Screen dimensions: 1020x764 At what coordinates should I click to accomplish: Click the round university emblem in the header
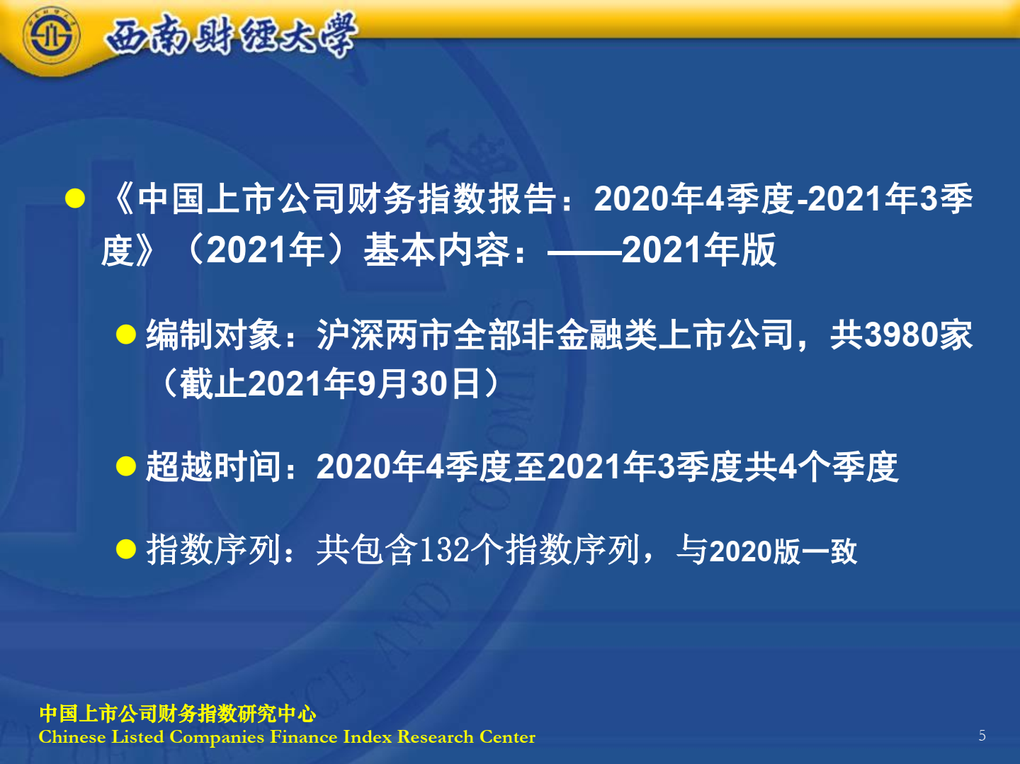pyautogui.click(x=51, y=35)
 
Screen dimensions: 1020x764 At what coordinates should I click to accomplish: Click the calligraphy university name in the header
pyautogui.click(x=231, y=35)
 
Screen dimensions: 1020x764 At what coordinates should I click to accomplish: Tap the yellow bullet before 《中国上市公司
pyautogui.click(x=75, y=198)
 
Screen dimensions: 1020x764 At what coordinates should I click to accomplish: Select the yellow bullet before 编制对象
pyautogui.click(x=125, y=335)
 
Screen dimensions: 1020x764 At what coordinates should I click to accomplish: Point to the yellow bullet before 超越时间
pyautogui.click(x=125, y=466)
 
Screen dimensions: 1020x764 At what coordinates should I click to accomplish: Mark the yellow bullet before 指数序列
pyautogui.click(x=125, y=549)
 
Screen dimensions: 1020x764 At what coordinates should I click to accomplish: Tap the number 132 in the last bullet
pyautogui.click(x=444, y=550)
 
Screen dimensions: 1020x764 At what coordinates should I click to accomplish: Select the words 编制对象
pyautogui.click(x=213, y=335)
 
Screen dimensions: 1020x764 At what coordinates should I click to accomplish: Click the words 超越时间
pyautogui.click(x=213, y=466)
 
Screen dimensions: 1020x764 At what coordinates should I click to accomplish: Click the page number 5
pyautogui.click(x=982, y=736)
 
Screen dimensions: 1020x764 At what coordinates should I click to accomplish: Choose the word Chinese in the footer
pyautogui.click(x=72, y=737)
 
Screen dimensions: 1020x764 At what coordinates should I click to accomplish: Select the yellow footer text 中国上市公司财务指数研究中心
pyautogui.click(x=178, y=714)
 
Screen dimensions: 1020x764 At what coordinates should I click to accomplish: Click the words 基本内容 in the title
pyautogui.click(x=436, y=250)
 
